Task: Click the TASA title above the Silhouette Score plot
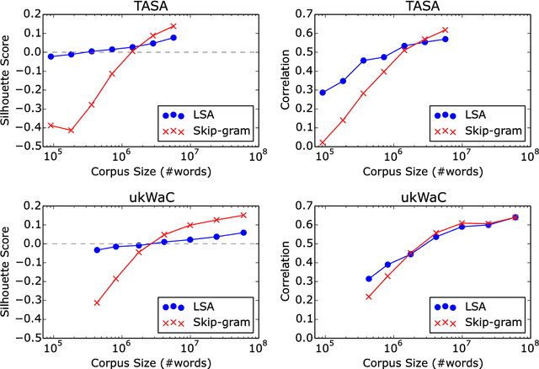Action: pos(150,7)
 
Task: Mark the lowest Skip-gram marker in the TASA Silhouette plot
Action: pos(72,131)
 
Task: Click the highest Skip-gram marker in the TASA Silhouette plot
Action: pos(173,26)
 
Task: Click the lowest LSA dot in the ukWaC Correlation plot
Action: pos(369,279)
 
